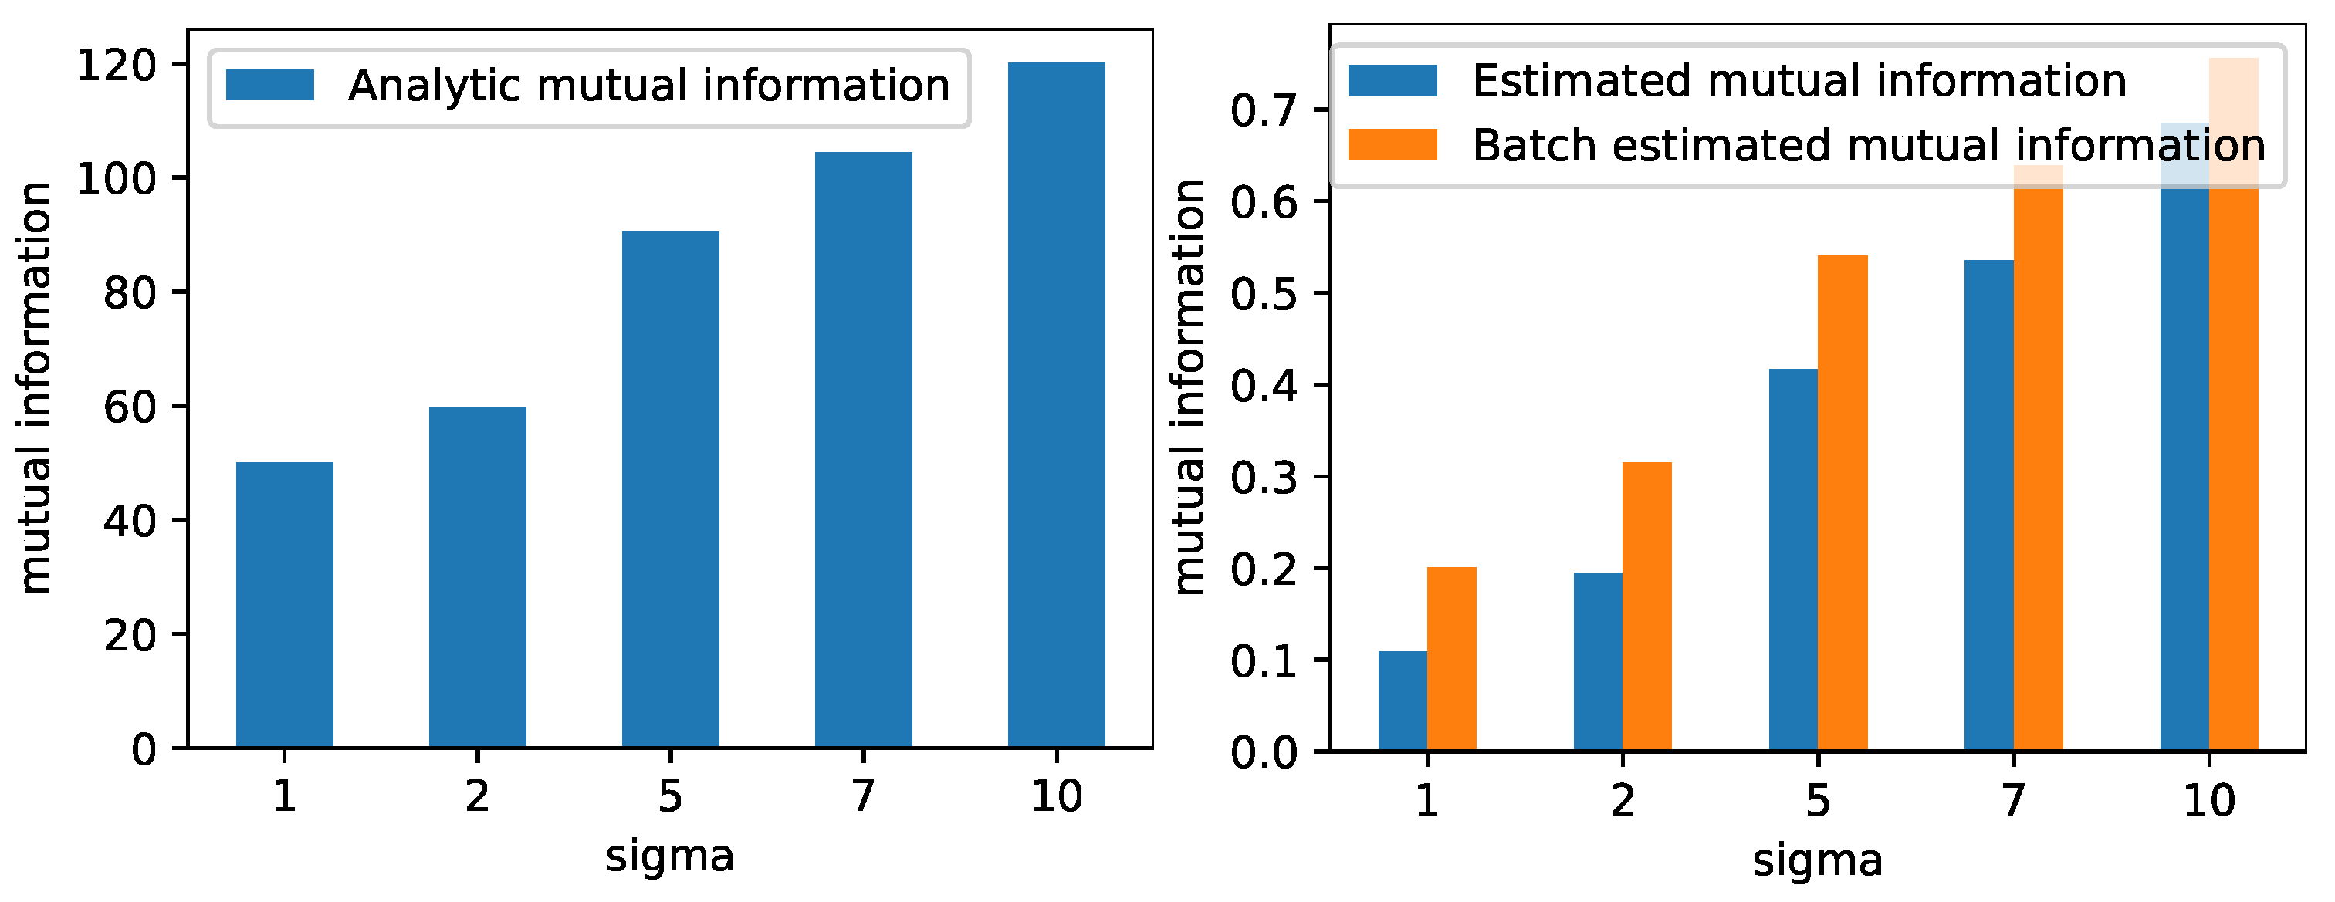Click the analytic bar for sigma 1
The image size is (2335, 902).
point(285,605)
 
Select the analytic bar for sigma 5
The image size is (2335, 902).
point(670,489)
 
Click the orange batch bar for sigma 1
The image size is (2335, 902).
point(1451,659)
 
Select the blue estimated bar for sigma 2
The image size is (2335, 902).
point(1597,662)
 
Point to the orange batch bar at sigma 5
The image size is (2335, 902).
point(1842,503)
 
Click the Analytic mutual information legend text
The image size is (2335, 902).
point(649,86)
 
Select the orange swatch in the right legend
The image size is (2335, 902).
point(1393,145)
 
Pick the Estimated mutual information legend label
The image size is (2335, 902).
point(1799,81)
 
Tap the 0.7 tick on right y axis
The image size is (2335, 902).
point(1265,110)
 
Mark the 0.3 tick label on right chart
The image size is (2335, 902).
point(1265,478)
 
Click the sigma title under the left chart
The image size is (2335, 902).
point(670,856)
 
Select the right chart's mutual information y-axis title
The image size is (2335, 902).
point(1189,387)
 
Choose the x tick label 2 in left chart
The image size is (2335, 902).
point(477,797)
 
